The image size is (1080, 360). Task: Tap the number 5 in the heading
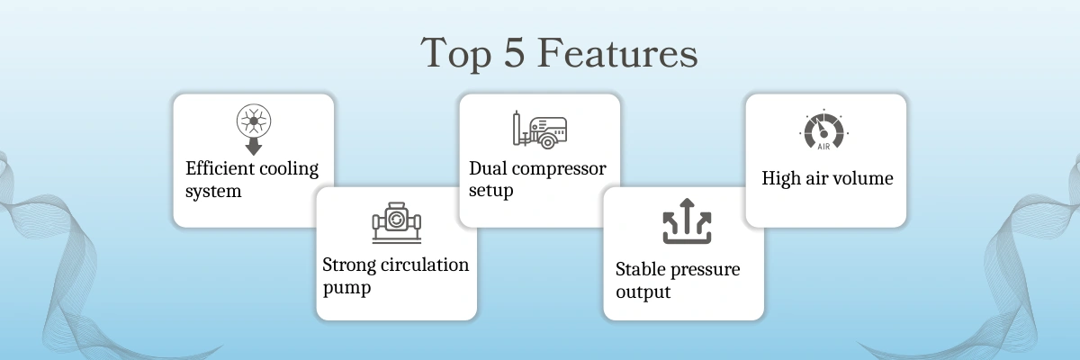tap(514, 52)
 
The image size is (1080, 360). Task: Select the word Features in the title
tap(617, 52)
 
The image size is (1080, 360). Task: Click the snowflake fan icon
tap(254, 121)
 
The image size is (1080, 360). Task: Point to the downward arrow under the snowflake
tap(254, 147)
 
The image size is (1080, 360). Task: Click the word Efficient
tap(220, 168)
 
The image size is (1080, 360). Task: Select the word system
tap(213, 192)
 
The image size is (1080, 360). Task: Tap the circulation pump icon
tap(396, 222)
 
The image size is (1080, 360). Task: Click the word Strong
tap(349, 266)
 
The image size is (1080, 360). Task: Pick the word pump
tap(346, 288)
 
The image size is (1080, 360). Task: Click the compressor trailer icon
tap(539, 130)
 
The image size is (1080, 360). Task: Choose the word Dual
tap(488, 168)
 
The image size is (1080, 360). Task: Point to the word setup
tap(490, 191)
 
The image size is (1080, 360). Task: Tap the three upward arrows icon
tap(687, 220)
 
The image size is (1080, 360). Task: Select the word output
tap(643, 292)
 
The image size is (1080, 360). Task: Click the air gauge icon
tap(824, 130)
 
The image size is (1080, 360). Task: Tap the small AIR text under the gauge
tap(824, 147)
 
